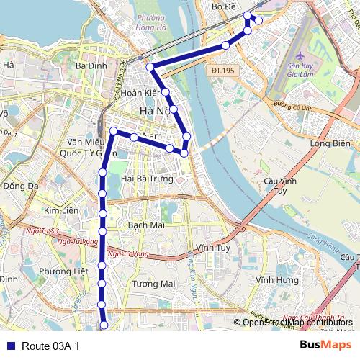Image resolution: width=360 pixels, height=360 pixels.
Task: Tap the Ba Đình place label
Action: point(91,66)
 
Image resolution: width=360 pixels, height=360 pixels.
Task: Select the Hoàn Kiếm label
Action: point(140,93)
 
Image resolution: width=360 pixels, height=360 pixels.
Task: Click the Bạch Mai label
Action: point(147,225)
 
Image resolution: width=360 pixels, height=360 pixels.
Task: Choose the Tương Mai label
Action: point(154,284)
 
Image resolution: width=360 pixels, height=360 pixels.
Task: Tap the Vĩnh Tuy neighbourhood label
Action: point(212,247)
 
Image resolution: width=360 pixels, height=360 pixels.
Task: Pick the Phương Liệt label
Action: point(63,271)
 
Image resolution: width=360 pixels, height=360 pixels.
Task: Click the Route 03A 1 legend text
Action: point(50,346)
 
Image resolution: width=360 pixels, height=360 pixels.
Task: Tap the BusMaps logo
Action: point(325,345)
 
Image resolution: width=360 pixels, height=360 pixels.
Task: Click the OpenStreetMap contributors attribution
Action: point(292,323)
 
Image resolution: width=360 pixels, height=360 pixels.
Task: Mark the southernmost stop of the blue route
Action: point(104,326)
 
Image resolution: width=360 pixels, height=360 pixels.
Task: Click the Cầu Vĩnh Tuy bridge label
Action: point(276,186)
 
